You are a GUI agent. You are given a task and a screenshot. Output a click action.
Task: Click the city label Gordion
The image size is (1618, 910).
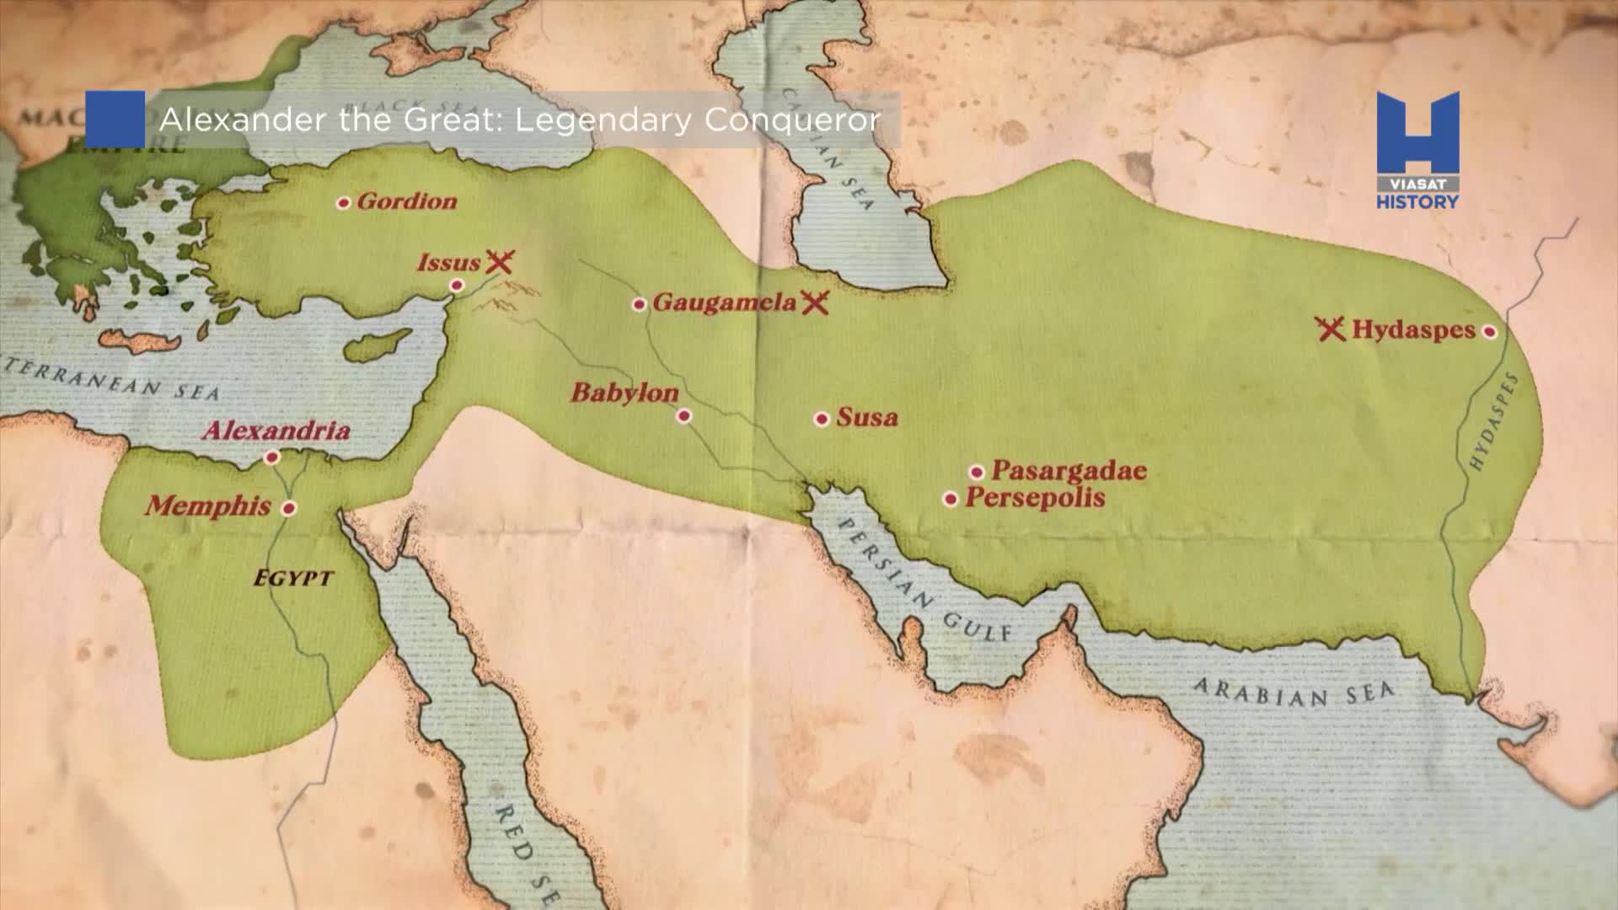[x=406, y=201]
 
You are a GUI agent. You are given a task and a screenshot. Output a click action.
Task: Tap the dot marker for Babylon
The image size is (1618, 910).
[x=684, y=415]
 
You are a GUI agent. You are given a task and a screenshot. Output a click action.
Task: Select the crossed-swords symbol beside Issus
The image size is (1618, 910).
[x=500, y=262]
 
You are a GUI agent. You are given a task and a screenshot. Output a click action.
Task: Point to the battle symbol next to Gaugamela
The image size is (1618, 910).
[x=815, y=302]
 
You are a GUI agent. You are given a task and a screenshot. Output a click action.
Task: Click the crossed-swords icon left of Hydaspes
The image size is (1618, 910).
[x=1331, y=329]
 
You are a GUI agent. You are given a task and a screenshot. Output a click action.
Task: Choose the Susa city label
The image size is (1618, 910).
[x=866, y=418]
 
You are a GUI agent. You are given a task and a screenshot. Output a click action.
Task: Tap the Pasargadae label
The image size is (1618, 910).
[x=1069, y=470]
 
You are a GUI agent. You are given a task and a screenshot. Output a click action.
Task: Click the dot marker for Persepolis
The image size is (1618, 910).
[x=951, y=500]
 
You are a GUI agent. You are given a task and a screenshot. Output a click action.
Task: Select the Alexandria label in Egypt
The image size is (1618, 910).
[x=276, y=431]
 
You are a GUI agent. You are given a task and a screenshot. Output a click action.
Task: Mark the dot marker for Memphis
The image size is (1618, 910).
[x=289, y=508]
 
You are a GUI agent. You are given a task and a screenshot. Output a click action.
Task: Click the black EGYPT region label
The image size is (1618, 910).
[x=294, y=579]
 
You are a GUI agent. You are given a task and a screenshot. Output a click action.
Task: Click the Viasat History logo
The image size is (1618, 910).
[x=1417, y=150]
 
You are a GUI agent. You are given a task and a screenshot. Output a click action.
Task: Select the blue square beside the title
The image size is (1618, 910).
[x=115, y=120]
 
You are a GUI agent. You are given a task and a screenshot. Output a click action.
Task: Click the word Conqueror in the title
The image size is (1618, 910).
[x=792, y=120]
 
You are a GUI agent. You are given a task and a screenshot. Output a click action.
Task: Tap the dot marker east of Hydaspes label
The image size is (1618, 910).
[x=1490, y=332]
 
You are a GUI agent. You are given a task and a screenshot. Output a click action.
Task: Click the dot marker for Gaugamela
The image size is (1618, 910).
[x=640, y=304]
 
